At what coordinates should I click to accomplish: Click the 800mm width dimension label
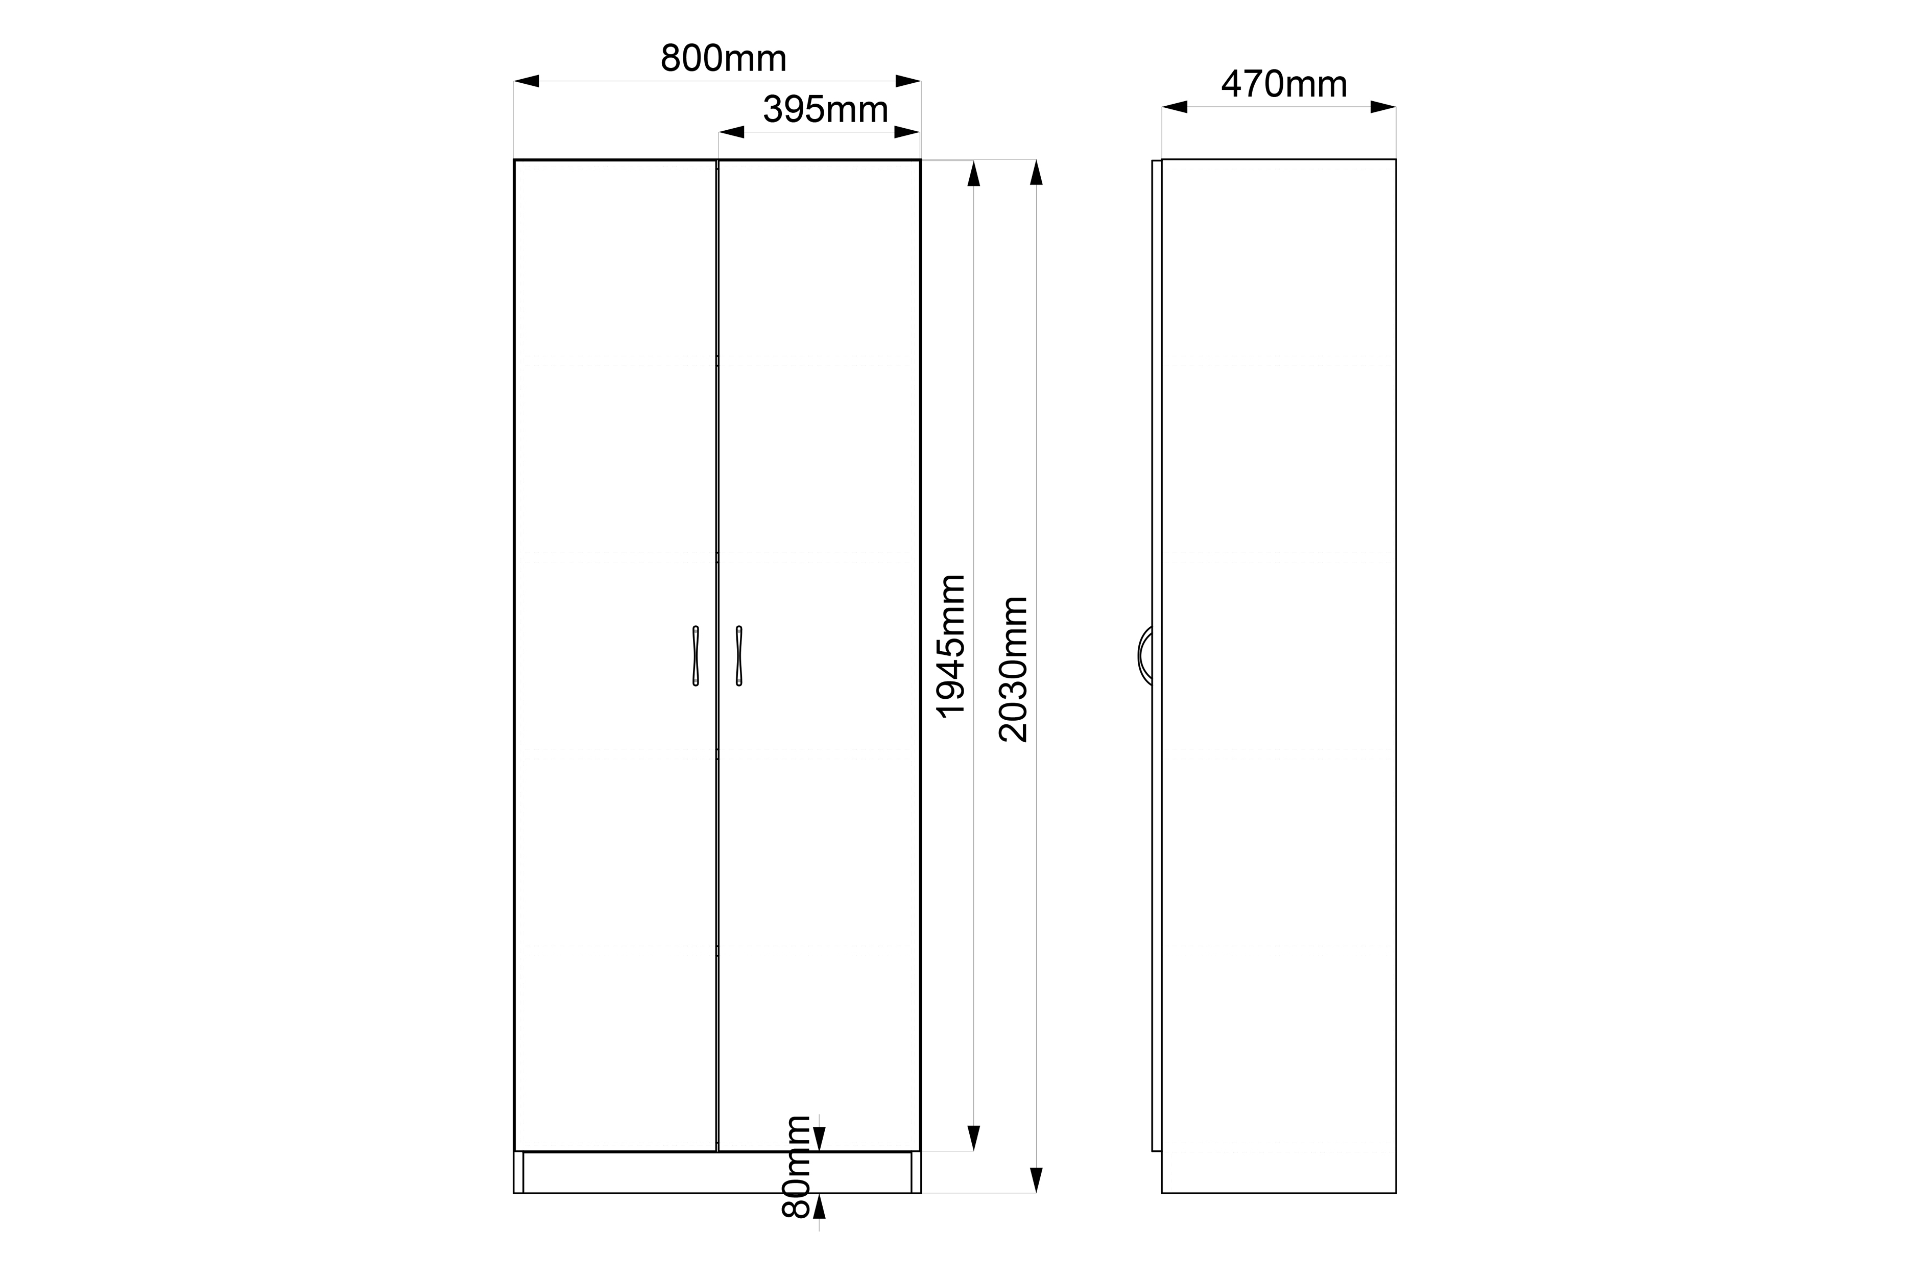click(x=723, y=58)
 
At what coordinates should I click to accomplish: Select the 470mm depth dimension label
click(x=1284, y=84)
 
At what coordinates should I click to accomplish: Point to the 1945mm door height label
click(x=951, y=646)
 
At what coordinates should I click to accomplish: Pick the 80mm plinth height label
click(x=796, y=1166)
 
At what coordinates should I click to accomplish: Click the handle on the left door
click(x=696, y=655)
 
